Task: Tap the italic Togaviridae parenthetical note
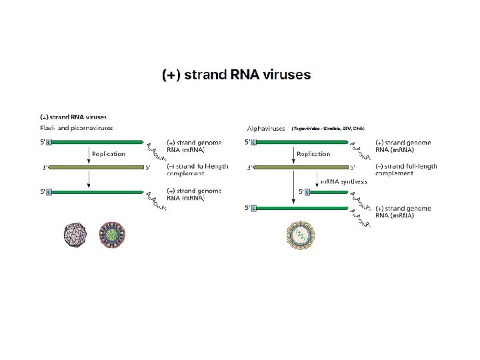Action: (x=328, y=128)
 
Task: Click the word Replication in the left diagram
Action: (x=109, y=154)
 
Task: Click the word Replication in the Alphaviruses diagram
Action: (x=313, y=154)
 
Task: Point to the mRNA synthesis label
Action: (x=344, y=181)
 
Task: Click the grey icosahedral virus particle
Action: (x=75, y=235)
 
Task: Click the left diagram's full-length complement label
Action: (x=197, y=170)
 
